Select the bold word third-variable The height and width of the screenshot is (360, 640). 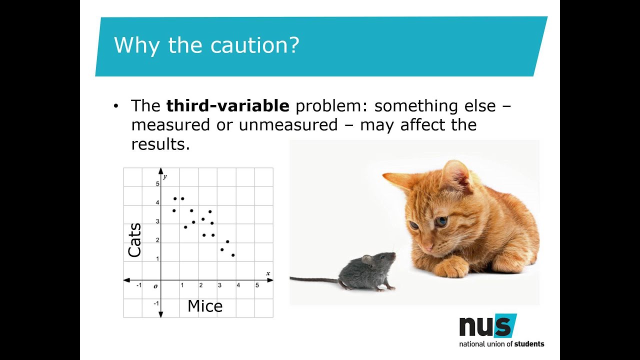227,106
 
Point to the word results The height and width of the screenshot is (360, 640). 160,144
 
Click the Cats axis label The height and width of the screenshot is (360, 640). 134,240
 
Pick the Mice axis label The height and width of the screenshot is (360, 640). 205,306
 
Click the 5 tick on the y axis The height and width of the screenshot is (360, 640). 157,184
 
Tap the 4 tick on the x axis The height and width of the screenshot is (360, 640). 238,285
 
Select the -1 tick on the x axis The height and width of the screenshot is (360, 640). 138,285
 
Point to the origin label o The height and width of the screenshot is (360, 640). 155,286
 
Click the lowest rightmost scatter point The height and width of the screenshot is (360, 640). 233,255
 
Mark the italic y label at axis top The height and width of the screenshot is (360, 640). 165,176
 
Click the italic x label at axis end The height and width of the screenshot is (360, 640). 268,273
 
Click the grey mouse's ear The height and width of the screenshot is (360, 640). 367,259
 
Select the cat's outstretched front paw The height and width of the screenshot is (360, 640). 451,269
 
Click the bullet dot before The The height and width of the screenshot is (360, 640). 116,106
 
